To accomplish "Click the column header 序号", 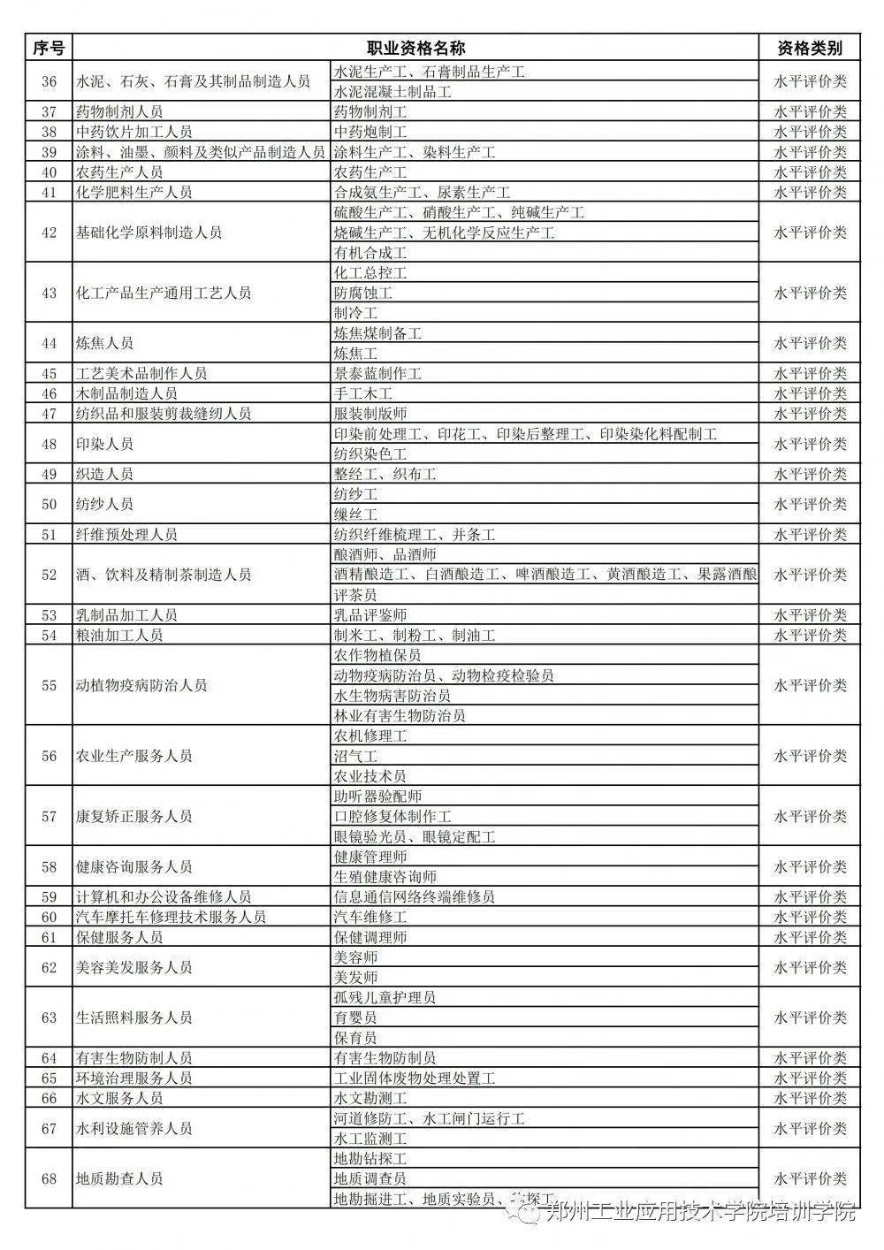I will [49, 48].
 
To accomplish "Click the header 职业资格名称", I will [415, 48].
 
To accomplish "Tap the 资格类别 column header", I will [810, 48].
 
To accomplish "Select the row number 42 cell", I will [49, 232].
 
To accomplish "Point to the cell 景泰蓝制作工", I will [377, 374].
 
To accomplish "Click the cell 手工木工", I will [362, 393].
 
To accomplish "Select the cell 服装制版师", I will [370, 414].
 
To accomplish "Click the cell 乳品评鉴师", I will [370, 615].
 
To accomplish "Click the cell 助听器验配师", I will [377, 796].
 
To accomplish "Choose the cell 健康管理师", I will [370, 857].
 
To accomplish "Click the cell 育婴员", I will [355, 1018].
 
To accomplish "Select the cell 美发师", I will [355, 978].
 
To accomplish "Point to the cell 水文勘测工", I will [370, 1098].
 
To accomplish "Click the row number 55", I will [49, 685].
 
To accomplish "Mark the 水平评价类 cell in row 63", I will [810, 1018].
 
